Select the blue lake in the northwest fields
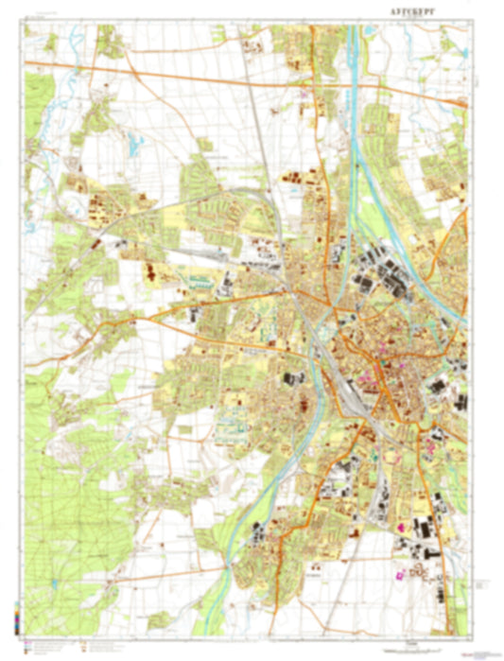(x=136, y=144)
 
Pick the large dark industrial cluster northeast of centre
(x=388, y=270)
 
